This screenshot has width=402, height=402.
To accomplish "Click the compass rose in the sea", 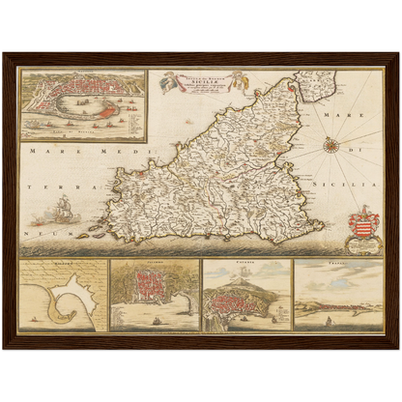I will coord(330,145).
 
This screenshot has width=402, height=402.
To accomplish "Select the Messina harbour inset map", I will coord(83,104).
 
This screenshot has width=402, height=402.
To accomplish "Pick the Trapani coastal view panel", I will coord(338,295).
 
